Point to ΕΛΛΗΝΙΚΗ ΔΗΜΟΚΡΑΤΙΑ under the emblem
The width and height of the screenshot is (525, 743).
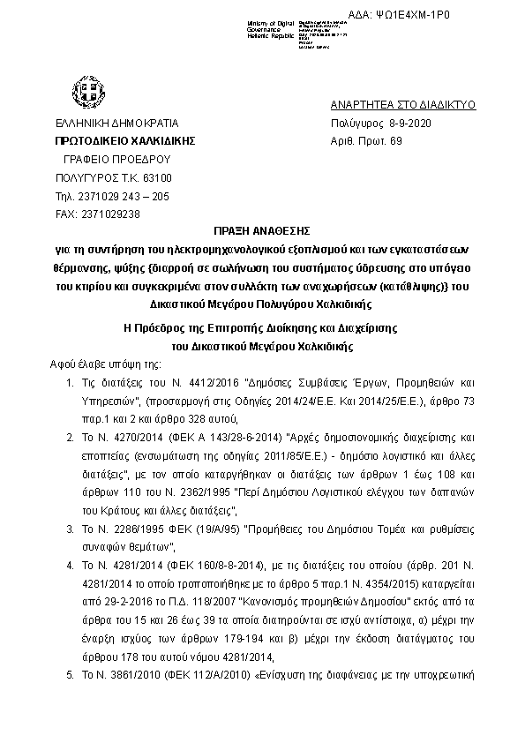click(116, 124)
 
